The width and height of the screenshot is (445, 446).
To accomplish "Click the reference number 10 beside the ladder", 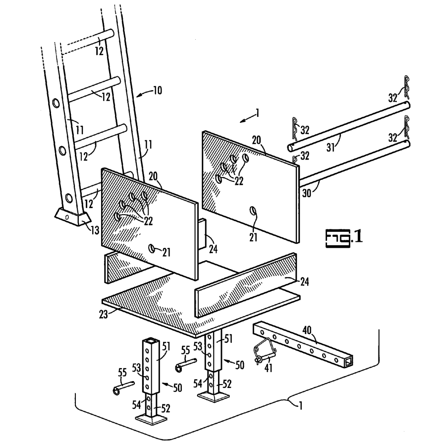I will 157,91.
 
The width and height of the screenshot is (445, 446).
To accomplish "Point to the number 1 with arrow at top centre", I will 257,113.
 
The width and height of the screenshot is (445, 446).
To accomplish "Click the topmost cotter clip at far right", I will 406,84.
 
